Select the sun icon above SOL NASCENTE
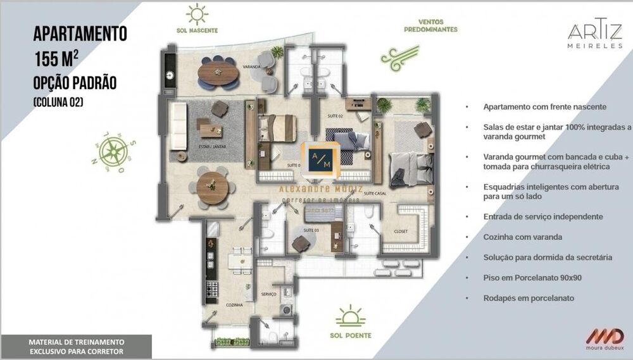coord(197,14)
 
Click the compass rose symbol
coord(113,150)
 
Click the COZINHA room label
coord(234,305)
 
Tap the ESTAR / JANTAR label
coord(212,146)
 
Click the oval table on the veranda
coord(218,75)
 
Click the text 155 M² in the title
coord(57,59)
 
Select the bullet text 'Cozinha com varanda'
coord(517,237)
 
